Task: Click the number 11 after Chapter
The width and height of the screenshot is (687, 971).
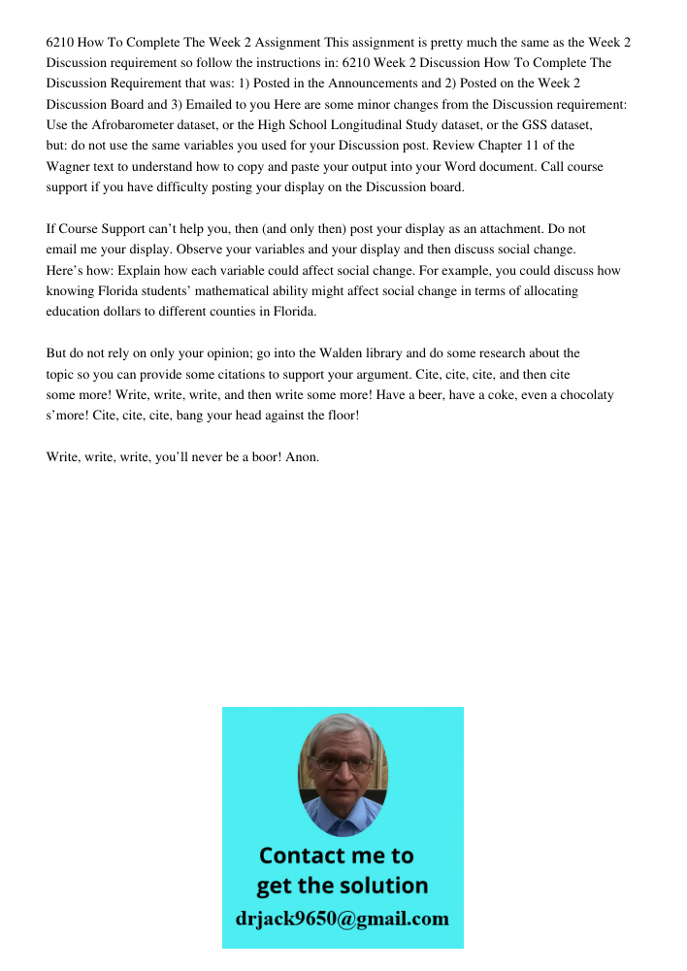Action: [542, 146]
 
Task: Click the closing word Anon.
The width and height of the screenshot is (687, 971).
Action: [303, 457]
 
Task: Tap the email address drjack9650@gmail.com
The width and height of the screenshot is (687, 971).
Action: [343, 919]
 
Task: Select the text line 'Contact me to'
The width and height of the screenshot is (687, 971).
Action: [336, 855]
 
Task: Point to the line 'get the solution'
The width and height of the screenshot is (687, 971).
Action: [342, 886]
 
